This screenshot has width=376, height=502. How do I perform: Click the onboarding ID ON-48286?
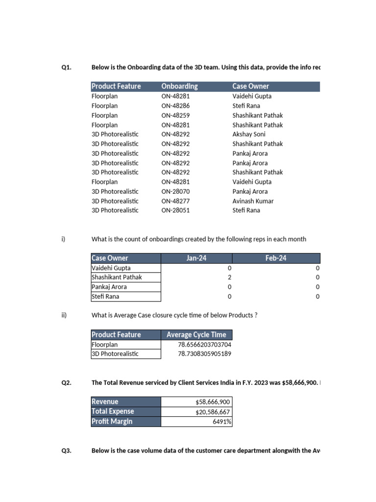point(175,106)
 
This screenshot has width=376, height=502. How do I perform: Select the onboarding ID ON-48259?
point(175,115)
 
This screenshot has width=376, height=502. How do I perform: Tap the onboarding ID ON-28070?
point(175,191)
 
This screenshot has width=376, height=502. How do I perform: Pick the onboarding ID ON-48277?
point(175,201)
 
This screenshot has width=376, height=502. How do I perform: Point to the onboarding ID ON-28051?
point(175,210)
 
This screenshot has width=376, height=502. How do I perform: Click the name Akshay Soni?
point(249,134)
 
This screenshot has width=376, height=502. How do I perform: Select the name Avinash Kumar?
point(253,201)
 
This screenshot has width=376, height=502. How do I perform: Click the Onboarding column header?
point(180,86)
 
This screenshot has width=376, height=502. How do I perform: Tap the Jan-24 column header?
point(196,258)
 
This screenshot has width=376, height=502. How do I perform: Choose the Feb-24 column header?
point(276,258)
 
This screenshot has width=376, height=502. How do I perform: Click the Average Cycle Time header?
point(196,335)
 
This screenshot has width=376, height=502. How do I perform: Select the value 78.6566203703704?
point(204,345)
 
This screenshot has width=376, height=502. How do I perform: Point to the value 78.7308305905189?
point(204,354)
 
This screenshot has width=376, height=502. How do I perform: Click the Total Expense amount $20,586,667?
point(212,412)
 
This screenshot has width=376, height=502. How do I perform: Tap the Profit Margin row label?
point(112,422)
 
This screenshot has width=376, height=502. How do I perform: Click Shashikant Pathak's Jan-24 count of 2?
point(229,277)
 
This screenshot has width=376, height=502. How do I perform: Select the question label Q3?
point(67,451)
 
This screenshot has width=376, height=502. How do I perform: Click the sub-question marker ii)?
point(64,315)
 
